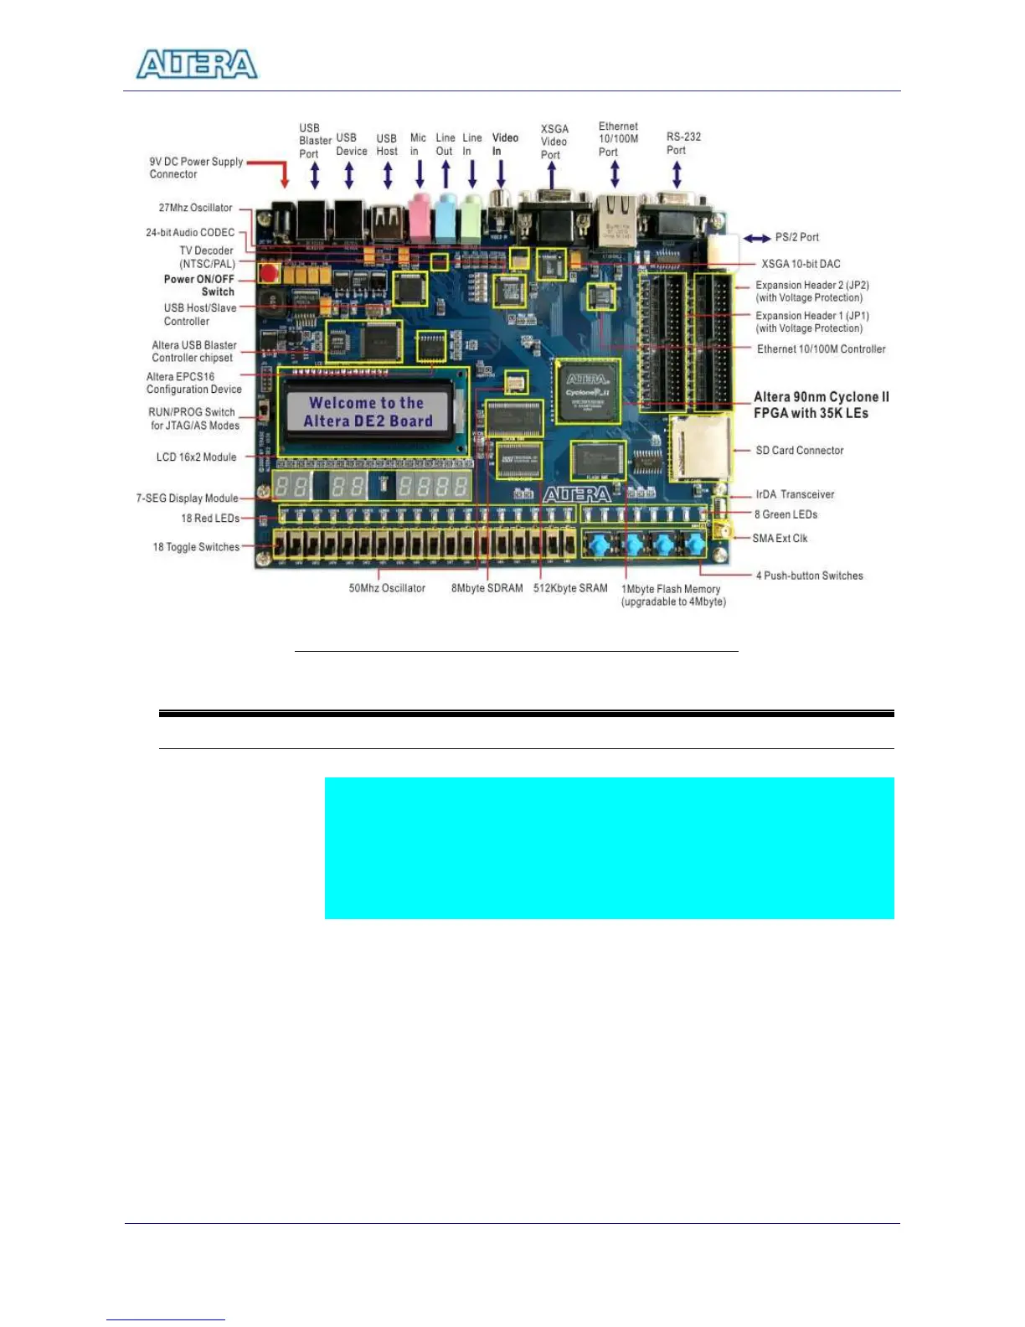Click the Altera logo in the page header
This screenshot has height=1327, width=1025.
click(197, 65)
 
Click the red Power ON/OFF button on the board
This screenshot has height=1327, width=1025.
click(268, 272)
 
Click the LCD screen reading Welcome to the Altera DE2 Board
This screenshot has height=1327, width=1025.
click(367, 412)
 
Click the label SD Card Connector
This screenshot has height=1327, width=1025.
click(799, 451)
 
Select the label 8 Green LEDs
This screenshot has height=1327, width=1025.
click(785, 514)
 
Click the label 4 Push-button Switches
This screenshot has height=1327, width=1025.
click(809, 576)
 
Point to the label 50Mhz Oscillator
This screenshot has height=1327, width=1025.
click(387, 588)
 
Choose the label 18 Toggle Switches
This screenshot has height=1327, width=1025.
click(196, 547)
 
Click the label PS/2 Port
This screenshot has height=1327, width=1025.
click(796, 237)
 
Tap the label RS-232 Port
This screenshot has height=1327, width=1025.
click(683, 143)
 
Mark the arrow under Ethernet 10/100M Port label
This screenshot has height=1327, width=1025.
click(615, 173)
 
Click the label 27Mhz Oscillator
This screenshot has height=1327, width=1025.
click(195, 208)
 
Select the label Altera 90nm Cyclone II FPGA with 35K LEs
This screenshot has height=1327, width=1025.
click(821, 405)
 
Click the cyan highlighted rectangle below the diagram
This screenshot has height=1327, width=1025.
click(609, 848)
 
